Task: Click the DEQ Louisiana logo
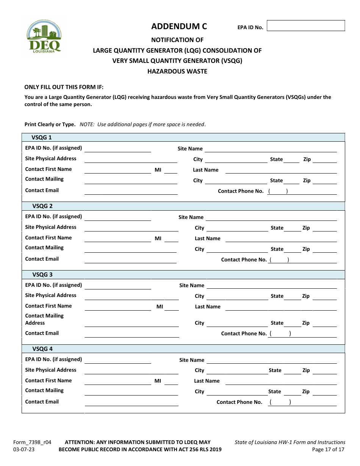coord(44,36)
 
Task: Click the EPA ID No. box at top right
coord(306,26)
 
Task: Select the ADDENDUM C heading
coord(179,26)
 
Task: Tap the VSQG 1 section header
coord(42,138)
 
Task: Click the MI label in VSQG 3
coord(160,306)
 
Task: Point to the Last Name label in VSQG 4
coord(207,381)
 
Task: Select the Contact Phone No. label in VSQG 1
coord(241,191)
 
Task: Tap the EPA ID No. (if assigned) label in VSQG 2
coord(53,217)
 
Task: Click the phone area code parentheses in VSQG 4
coord(280,402)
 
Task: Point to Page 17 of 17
coord(328,450)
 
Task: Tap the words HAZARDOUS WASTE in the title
coord(177,71)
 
